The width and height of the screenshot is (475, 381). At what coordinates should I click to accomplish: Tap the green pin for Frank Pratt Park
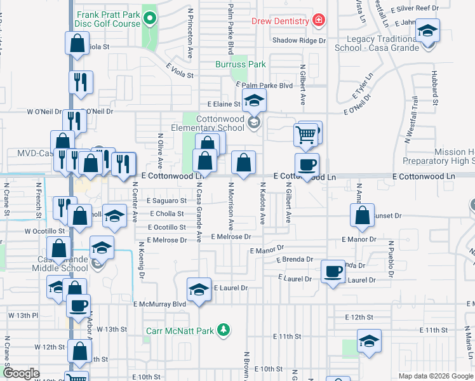[x=150, y=18]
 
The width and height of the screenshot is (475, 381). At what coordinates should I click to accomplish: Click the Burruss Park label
[x=240, y=64]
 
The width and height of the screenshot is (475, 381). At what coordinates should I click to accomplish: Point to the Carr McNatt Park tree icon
[x=223, y=329]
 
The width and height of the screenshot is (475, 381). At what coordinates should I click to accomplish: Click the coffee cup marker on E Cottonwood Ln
[x=307, y=164]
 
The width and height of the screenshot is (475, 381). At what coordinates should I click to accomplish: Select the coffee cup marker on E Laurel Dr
[x=333, y=272]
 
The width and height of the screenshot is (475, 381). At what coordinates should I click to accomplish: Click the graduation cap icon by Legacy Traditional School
[x=429, y=30]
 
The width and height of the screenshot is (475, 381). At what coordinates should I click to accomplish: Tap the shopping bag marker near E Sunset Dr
[x=361, y=215]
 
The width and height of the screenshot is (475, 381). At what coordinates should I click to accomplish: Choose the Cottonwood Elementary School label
[x=202, y=123]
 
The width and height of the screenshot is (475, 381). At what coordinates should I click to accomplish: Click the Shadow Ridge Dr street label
[x=298, y=41]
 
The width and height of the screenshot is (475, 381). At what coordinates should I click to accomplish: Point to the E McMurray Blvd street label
[x=160, y=304]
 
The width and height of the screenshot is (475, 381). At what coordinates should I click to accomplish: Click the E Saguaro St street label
[x=166, y=201]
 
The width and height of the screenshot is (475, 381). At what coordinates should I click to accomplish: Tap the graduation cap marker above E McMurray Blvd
[x=199, y=290]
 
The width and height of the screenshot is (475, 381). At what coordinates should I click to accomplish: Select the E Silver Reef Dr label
[x=415, y=8]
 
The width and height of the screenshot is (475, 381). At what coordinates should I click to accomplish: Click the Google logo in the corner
[x=21, y=373]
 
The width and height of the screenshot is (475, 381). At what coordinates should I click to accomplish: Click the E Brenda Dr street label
[x=295, y=260]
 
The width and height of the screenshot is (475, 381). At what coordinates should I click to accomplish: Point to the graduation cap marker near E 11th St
[x=369, y=341]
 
